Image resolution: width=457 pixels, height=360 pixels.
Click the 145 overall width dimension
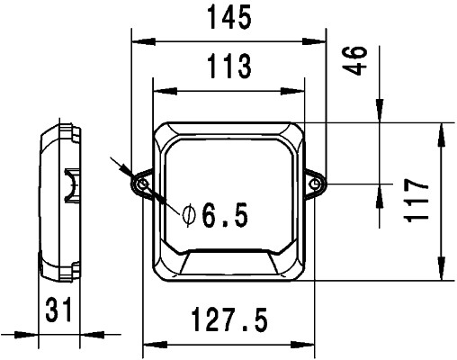(228, 17)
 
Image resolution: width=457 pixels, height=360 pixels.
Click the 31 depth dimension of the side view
(58, 311)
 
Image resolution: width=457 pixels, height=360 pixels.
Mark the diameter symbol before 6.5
(189, 215)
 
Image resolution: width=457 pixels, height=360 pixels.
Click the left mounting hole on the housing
(141, 184)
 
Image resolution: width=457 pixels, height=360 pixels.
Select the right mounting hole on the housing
(317, 184)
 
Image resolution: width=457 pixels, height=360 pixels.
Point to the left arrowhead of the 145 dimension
(138, 40)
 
